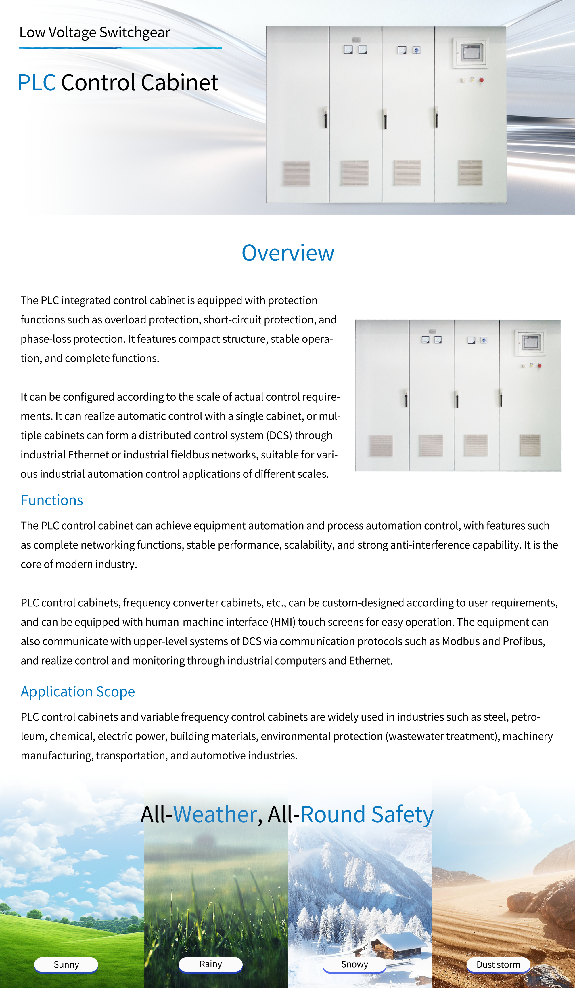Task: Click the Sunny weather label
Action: pyautogui.click(x=66, y=964)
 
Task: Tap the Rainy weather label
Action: pyautogui.click(x=211, y=964)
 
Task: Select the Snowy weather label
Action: pyautogui.click(x=354, y=964)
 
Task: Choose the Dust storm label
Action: pyautogui.click(x=498, y=964)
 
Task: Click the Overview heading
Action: pyautogui.click(x=288, y=253)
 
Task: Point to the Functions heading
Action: pyautogui.click(x=52, y=500)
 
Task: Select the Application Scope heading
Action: pyautogui.click(x=78, y=692)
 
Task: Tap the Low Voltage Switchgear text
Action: pyautogui.click(x=95, y=32)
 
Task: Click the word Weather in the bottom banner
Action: pyautogui.click(x=215, y=814)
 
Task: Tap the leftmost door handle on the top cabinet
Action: pyautogui.click(x=325, y=118)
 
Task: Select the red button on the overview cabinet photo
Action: pyautogui.click(x=539, y=365)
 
